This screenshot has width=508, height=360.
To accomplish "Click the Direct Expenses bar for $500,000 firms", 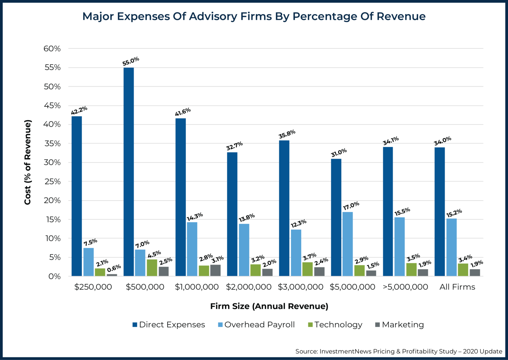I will (x=128, y=172).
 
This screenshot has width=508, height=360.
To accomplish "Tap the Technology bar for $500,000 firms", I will (x=152, y=268).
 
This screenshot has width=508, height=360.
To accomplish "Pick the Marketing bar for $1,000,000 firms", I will (x=215, y=270).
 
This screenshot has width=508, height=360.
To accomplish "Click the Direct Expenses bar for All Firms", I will (x=440, y=212).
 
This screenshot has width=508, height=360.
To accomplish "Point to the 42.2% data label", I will (x=79, y=110).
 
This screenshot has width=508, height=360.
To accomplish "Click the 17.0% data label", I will (x=351, y=206).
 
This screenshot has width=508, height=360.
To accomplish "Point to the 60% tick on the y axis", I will (x=52, y=49).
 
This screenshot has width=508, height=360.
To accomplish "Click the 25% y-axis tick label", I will (x=52, y=181).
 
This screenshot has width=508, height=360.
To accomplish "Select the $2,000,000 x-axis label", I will (x=249, y=287).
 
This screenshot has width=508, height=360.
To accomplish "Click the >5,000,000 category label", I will (x=405, y=287).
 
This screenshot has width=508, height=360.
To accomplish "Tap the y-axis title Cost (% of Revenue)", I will (x=27, y=162).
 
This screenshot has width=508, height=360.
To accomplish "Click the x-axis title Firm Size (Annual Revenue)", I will (x=269, y=306).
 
